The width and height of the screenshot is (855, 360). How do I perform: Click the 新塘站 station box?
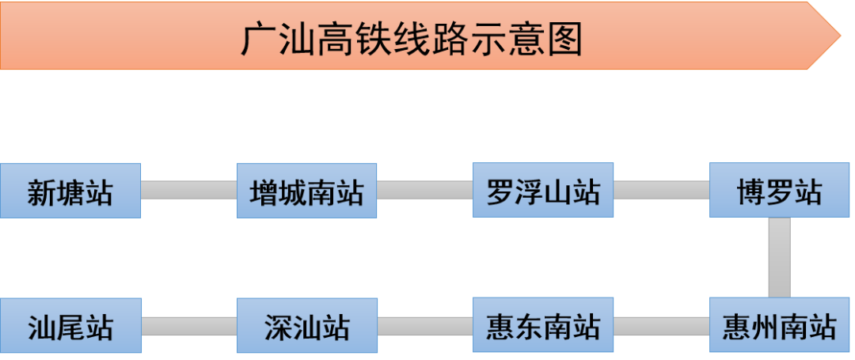point(70,191)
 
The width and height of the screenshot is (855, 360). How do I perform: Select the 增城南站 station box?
point(306,191)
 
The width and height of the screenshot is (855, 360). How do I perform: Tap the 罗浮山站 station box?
point(543,191)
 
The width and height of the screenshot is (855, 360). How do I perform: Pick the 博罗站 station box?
point(780,191)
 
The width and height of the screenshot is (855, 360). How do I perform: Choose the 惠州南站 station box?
point(780,325)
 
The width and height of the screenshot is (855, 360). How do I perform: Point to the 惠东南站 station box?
point(543,325)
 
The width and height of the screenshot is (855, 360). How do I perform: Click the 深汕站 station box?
point(306,325)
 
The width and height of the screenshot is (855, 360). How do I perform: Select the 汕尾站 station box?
point(70,325)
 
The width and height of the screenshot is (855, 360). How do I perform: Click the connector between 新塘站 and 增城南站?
point(188,191)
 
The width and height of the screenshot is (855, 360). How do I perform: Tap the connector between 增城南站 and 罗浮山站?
point(424,191)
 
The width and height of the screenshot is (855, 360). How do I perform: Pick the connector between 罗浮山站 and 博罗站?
point(661,191)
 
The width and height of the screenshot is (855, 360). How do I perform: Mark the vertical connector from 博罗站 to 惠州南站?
point(780,257)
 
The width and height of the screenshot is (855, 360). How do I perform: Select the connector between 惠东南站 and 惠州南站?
point(661,325)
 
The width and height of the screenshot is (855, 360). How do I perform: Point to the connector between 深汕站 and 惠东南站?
point(424,325)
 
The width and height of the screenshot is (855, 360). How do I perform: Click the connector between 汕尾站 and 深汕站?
point(188,325)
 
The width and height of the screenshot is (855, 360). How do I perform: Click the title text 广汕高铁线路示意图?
point(411,39)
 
